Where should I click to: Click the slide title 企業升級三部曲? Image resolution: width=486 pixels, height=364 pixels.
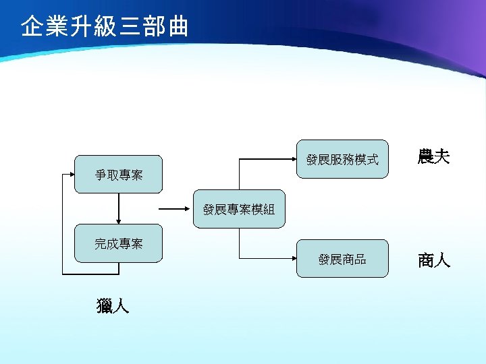105,27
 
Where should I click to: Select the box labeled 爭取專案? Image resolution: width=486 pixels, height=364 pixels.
118,175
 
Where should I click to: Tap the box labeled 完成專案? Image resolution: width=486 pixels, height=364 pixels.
118,243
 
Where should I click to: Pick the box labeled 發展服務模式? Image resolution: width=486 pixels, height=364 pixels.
342,160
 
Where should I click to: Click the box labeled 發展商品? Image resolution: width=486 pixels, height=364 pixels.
342,259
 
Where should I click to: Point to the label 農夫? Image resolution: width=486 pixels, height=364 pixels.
434,158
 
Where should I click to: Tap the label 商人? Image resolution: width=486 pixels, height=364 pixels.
434,260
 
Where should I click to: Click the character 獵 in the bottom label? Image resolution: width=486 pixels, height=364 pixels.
105,307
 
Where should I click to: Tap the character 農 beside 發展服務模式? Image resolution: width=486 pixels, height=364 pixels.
426,158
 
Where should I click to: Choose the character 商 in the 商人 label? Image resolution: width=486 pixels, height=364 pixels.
426,260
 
